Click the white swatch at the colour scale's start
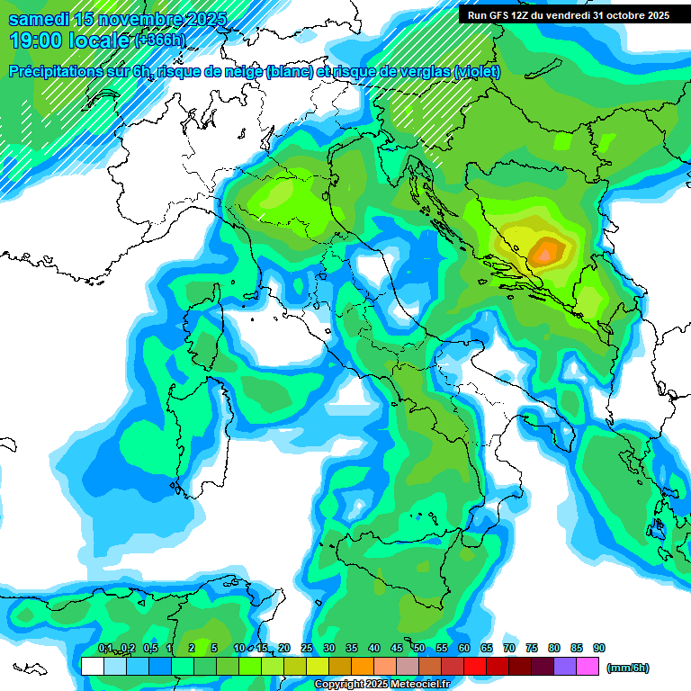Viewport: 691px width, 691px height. (x=92, y=667)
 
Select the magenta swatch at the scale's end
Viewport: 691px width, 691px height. (x=587, y=667)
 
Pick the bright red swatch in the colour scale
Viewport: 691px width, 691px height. (x=475, y=667)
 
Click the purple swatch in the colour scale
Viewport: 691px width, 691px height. (x=565, y=667)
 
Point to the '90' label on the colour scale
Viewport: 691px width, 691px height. (x=599, y=649)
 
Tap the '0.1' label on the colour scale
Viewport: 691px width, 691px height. (x=105, y=649)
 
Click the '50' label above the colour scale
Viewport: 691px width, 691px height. (x=419, y=649)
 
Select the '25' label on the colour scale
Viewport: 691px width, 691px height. (x=307, y=649)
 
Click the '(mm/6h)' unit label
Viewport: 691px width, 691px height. (x=628, y=668)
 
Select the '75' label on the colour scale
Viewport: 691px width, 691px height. (x=532, y=649)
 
